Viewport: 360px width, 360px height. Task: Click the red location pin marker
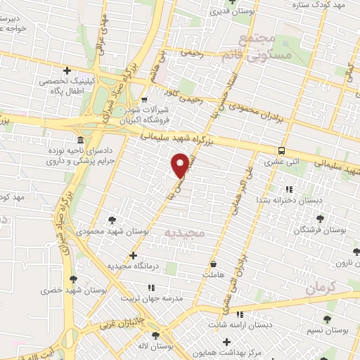(181, 165)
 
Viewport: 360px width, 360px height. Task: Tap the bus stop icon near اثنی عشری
(282, 150)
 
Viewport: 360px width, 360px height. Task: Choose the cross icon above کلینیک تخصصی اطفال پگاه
(67, 70)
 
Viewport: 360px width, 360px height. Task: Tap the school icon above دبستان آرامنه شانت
(240, 314)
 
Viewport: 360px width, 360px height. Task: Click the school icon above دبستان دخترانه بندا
(289, 188)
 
